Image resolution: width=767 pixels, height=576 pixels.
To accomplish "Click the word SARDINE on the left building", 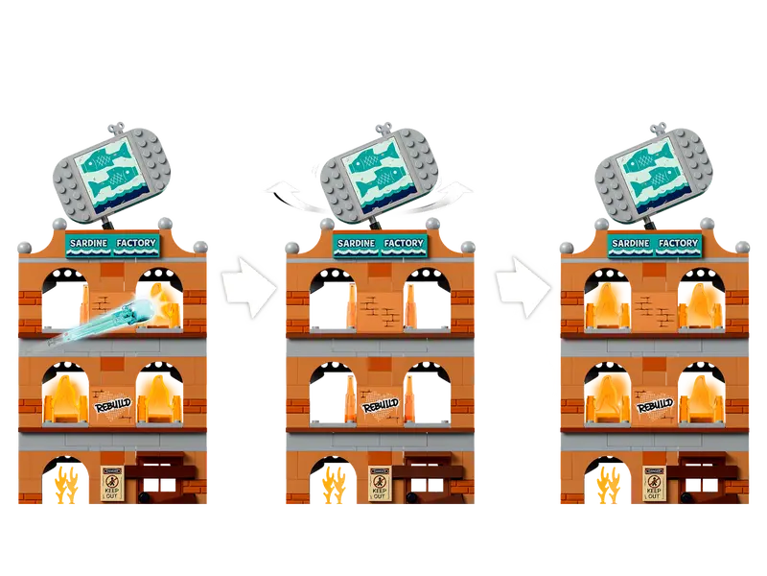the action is tap(88, 243).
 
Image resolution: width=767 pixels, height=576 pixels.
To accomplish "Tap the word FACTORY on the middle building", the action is tap(404, 243).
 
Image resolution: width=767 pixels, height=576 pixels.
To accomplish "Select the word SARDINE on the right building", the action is tap(631, 243).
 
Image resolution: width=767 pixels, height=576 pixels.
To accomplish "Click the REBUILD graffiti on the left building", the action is tap(112, 405).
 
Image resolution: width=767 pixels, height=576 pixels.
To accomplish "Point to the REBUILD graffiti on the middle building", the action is tap(380, 405).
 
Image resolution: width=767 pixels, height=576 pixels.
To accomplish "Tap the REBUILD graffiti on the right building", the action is tap(655, 405).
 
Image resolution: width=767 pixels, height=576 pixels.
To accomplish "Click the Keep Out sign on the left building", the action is tap(111, 483).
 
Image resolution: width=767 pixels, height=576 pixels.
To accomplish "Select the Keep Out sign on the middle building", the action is tap(379, 483).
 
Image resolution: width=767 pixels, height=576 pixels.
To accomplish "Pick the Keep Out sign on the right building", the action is tap(654, 483).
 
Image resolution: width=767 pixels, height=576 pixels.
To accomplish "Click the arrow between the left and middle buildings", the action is tap(248, 287).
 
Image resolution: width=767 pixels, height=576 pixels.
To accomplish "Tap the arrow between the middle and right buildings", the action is tap(523, 287).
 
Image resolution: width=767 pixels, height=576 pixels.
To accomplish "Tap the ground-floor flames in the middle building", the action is tap(334, 485).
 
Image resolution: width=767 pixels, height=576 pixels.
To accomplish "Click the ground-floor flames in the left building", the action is tap(66, 485).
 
